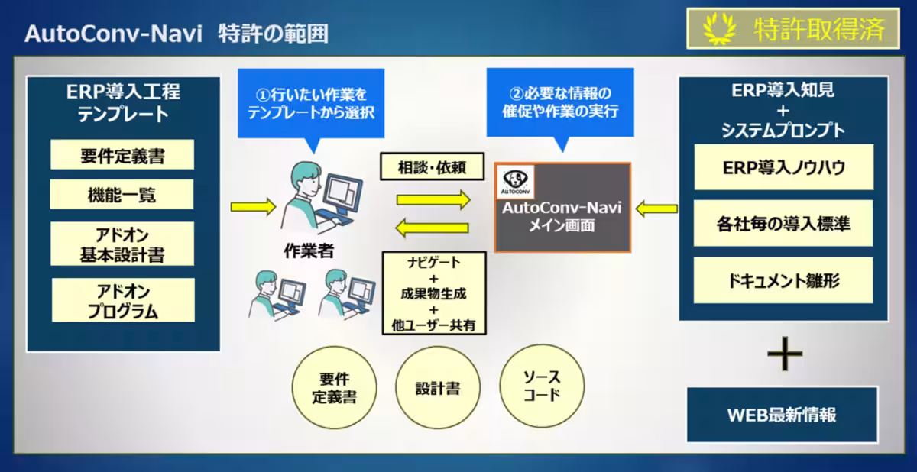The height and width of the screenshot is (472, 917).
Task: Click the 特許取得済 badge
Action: coord(795,29)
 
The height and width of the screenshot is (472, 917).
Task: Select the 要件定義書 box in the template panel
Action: coord(122,155)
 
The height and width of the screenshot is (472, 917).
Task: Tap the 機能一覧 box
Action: coord(122,195)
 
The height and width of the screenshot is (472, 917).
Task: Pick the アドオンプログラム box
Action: coord(122,301)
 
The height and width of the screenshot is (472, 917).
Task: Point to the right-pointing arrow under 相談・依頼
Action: coord(433,200)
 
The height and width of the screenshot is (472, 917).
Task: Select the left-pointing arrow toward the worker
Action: coord(433,228)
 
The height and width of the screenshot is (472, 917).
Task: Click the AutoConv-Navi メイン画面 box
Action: coord(562,208)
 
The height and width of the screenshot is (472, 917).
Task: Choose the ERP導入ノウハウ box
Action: coord(783,167)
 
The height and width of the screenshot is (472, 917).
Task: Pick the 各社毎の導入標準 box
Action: coord(783,224)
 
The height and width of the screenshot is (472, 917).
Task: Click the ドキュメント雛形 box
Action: coord(783,280)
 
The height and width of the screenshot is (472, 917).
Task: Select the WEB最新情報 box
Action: coord(783,415)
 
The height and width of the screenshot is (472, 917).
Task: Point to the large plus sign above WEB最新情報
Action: coord(784,354)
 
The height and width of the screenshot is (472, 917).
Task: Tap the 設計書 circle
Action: coord(438,387)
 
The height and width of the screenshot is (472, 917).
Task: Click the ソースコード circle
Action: coord(542,387)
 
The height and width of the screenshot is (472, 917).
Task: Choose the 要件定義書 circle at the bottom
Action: coord(335,389)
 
